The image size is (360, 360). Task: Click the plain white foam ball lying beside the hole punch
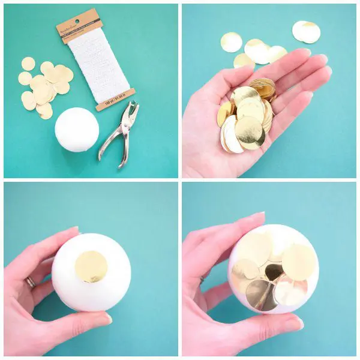76,129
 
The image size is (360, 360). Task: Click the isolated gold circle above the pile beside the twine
28,64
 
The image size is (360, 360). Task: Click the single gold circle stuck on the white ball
91,266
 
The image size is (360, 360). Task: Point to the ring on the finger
30,281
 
